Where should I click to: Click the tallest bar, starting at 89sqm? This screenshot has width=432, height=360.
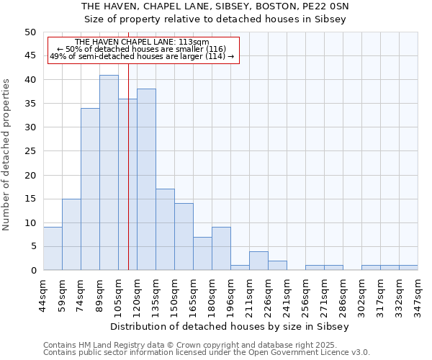[109, 173]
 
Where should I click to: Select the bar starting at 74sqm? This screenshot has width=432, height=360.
[90, 189]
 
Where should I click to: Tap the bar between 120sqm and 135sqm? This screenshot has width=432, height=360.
[146, 179]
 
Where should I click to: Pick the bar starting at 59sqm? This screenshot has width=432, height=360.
[71, 235]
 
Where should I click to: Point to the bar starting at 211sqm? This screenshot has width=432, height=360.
[258, 261]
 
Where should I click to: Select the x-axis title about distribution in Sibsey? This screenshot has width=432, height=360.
[230, 326]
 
